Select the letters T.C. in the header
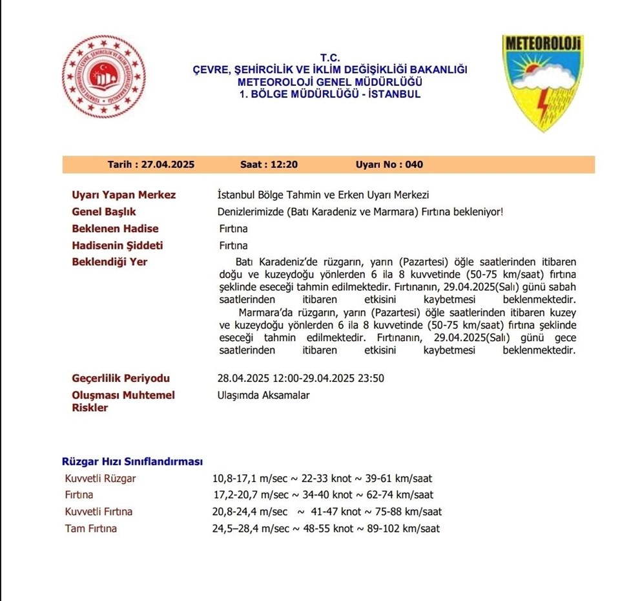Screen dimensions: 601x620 tap(329, 58)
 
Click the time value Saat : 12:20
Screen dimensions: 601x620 tap(269, 165)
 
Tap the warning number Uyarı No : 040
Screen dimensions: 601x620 tap(389, 165)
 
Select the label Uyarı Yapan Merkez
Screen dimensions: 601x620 tap(123, 195)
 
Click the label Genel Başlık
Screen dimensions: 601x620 tap(104, 212)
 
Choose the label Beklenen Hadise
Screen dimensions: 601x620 tap(115, 229)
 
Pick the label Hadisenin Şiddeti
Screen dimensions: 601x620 tap(118, 246)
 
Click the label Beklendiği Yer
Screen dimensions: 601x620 tap(110, 262)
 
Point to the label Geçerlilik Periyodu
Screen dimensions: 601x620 tap(121, 379)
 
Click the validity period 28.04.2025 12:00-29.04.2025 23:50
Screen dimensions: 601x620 tap(301, 379)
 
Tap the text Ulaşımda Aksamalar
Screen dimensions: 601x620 tap(263, 395)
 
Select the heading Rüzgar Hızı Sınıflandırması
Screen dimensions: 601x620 tap(132, 461)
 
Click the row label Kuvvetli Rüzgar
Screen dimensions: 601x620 tap(101, 479)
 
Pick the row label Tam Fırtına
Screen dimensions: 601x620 tap(91, 529)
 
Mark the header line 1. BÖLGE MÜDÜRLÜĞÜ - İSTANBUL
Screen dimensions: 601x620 tap(329, 94)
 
